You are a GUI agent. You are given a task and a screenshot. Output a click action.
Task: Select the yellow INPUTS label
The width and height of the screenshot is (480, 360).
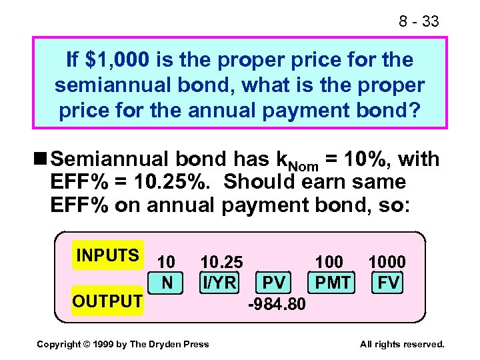(x=107, y=255)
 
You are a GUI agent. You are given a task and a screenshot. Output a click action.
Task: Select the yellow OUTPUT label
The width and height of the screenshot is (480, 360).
(x=107, y=301)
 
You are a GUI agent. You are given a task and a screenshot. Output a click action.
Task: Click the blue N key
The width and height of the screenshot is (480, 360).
(x=167, y=283)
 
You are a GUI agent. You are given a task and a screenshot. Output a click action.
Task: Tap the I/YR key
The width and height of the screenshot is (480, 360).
(x=219, y=283)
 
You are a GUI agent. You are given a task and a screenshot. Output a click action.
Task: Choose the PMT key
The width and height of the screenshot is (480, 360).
(x=333, y=283)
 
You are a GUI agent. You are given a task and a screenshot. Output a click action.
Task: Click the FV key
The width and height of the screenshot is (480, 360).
(x=388, y=283)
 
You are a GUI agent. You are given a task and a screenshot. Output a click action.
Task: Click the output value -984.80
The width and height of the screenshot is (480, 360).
(x=276, y=305)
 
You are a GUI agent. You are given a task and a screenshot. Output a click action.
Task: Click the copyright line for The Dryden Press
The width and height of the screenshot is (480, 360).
(x=123, y=344)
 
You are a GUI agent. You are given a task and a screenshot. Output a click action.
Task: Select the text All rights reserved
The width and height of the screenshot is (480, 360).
(x=402, y=344)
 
